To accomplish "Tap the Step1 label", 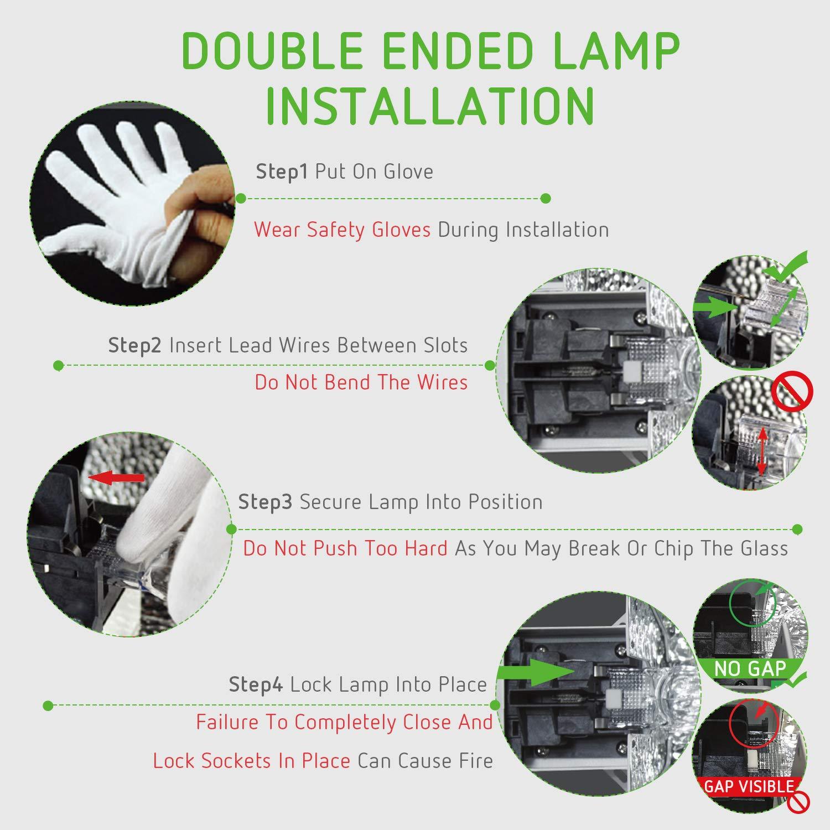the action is click(x=282, y=172).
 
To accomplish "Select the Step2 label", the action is click(x=134, y=346).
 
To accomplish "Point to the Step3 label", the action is click(x=265, y=502).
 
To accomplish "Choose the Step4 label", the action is click(x=256, y=685).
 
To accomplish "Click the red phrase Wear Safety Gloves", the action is click(x=342, y=229).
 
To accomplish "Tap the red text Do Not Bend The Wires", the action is click(x=361, y=382).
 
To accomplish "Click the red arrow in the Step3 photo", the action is click(x=117, y=478).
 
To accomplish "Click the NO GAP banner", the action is click(x=750, y=668).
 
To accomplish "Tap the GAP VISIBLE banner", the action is click(x=749, y=786).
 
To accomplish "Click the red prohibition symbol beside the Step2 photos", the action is click(x=792, y=391).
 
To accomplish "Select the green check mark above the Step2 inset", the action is click(x=786, y=268).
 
